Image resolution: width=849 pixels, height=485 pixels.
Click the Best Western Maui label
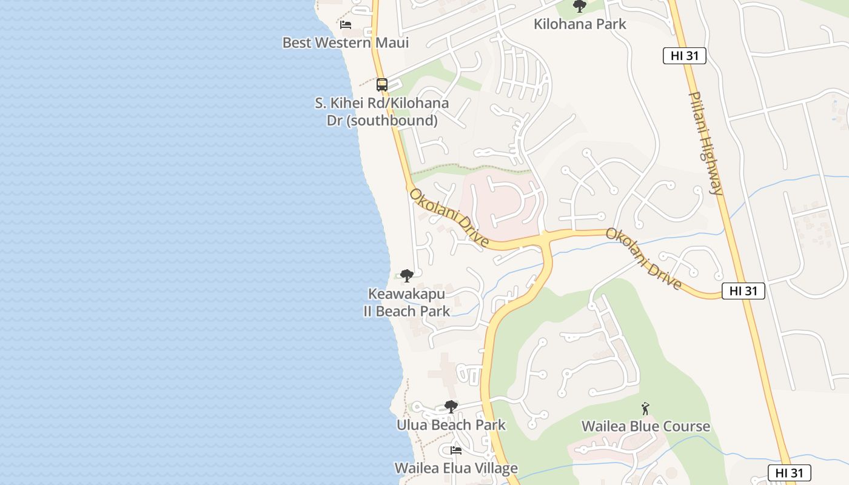(346, 43)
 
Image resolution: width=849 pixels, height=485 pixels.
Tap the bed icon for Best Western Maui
(346, 25)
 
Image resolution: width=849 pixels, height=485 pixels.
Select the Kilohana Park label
(580, 24)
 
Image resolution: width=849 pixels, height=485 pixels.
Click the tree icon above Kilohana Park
(580, 7)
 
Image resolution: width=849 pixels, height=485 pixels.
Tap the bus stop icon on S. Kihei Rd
(381, 85)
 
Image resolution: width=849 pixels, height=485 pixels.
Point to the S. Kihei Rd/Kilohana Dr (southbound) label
(382, 112)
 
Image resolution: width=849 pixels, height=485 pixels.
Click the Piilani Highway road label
(706, 143)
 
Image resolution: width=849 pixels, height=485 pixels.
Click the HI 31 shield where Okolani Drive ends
(743, 291)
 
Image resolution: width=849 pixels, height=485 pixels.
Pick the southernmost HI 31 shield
(789, 473)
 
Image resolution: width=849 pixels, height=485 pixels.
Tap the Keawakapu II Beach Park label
(406, 303)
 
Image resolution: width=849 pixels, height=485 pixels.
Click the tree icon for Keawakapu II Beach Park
(406, 276)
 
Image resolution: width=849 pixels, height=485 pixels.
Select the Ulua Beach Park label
(451, 425)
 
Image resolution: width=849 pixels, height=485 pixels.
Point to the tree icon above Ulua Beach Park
(451, 406)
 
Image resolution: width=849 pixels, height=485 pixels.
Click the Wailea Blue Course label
(645, 426)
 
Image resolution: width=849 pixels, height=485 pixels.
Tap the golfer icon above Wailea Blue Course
(645, 409)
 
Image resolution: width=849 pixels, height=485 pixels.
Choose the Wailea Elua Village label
(456, 468)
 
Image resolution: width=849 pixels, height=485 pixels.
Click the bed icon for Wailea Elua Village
(456, 450)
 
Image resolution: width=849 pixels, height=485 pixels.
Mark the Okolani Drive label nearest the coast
(449, 218)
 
